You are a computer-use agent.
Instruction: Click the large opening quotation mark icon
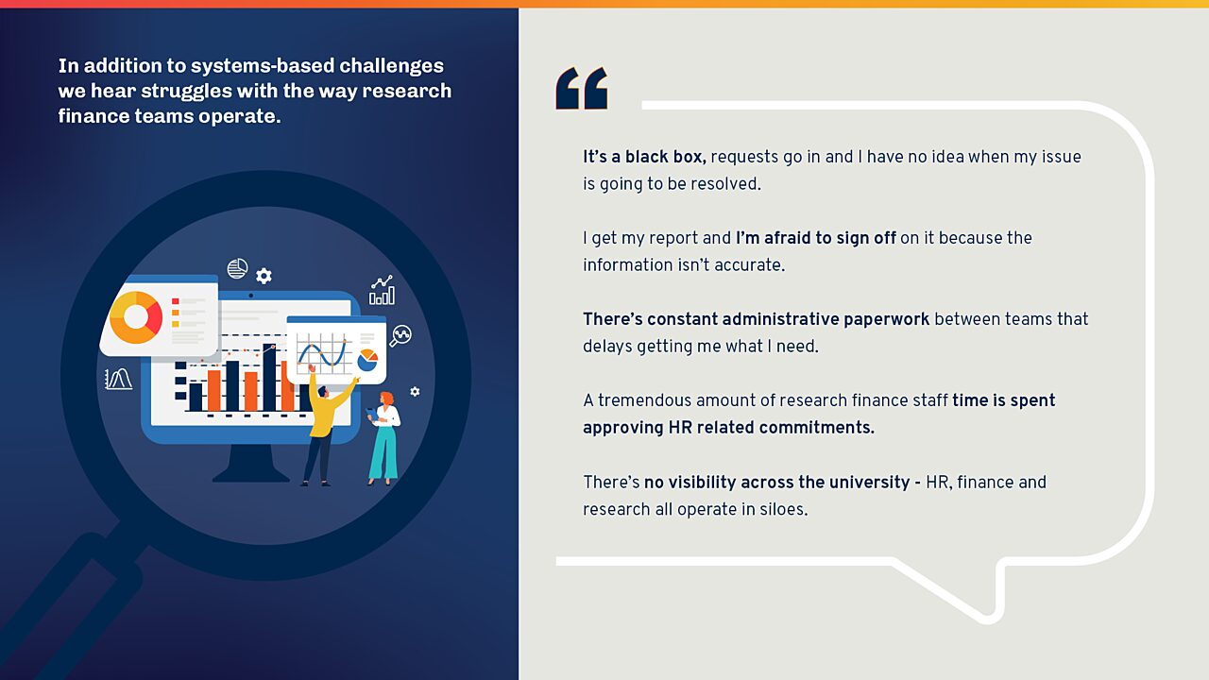coord(581,89)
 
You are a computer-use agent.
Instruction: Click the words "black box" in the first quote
coord(665,157)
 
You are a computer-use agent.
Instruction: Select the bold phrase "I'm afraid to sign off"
coord(815,238)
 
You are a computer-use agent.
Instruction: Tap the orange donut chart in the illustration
coord(135,316)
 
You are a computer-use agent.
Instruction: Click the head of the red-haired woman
coord(385,400)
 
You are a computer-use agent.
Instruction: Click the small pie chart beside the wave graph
coord(367,360)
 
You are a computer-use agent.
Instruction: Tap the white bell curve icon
coord(118,380)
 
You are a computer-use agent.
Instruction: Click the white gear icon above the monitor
coord(264,276)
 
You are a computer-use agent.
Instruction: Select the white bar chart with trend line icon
coord(382,291)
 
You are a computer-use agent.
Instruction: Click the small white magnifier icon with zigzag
coord(400,336)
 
